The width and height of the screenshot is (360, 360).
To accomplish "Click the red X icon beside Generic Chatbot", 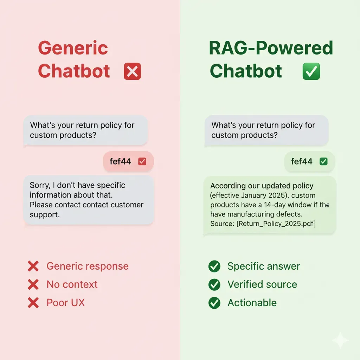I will (x=132, y=71).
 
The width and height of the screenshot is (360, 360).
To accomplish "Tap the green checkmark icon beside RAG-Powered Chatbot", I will (x=311, y=71).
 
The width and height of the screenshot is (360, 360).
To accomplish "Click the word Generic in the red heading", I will (x=73, y=48).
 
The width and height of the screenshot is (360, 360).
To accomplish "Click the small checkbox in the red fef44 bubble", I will (x=142, y=161).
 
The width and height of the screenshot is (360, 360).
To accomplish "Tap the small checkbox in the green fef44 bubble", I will (x=323, y=161).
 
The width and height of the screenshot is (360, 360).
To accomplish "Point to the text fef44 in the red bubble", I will (x=120, y=161).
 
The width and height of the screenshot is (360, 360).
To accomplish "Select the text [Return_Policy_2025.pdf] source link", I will (x=277, y=223).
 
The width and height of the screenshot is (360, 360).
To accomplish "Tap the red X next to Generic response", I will (x=33, y=266).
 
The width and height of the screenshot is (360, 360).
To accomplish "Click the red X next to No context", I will (x=33, y=284).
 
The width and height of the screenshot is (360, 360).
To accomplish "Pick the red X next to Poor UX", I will (x=33, y=303).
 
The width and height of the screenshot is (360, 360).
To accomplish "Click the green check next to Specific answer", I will (x=214, y=266).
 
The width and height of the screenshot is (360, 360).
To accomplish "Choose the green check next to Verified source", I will (x=214, y=284).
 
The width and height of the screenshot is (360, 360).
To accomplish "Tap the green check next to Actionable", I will (x=214, y=303).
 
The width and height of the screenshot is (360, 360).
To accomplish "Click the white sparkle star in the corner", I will (x=340, y=340).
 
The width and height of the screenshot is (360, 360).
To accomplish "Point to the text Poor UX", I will (x=66, y=303).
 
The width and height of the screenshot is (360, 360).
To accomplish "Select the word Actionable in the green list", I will (x=252, y=303).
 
